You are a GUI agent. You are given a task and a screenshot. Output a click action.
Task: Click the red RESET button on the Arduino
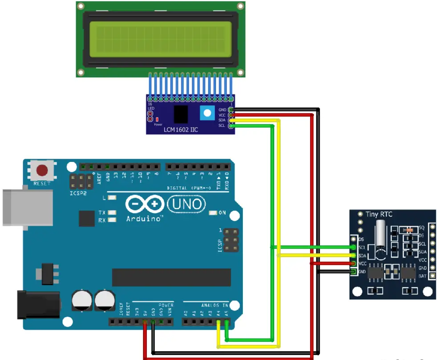[42, 170]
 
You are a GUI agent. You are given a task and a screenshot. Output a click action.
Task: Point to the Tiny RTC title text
[379, 215]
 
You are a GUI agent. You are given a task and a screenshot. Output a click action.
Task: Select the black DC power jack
[37, 304]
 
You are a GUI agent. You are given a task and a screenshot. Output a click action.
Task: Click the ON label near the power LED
[222, 213]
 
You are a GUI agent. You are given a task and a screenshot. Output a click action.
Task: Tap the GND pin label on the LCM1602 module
[222, 110]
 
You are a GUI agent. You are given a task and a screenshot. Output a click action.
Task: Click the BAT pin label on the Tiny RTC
[423, 276]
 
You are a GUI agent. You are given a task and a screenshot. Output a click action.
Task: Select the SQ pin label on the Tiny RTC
[421, 228]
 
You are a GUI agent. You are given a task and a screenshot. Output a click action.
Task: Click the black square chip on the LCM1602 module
[181, 115]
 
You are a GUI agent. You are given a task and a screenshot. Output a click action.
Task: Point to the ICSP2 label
[77, 194]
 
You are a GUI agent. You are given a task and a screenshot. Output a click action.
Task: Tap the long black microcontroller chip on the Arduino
[171, 277]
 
